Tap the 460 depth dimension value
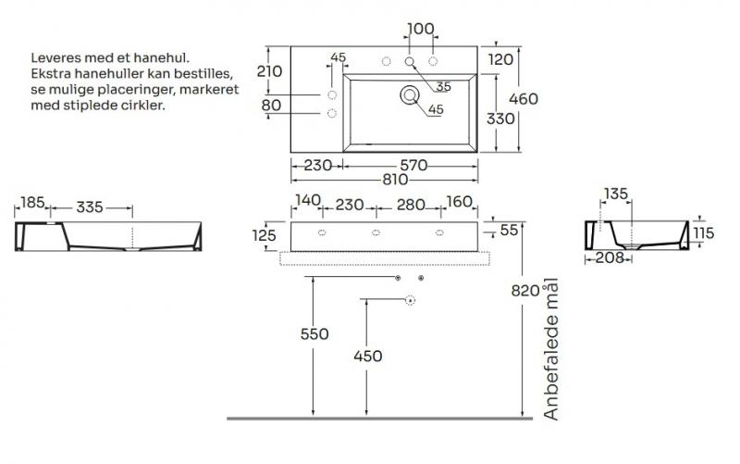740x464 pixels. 524,98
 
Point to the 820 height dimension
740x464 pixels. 524,291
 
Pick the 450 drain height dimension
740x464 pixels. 367,356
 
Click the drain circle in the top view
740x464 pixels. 409,94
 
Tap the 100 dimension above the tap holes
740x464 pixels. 420,29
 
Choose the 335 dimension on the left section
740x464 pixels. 89,206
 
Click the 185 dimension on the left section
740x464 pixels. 31,202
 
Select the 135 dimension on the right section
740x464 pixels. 615,194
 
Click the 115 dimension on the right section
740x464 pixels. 704,233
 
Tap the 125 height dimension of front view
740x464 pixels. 264,235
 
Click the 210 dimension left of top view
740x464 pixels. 269,70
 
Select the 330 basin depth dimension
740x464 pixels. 500,119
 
